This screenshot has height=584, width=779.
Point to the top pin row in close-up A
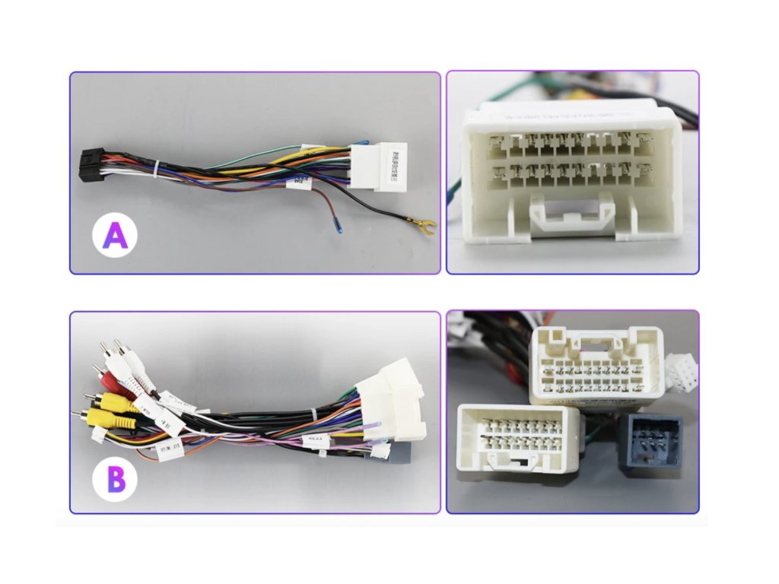point(571,142)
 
